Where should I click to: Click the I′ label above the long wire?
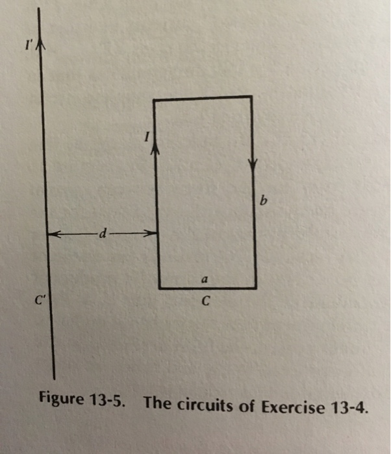coord(27,46)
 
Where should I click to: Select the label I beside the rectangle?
coord(146,136)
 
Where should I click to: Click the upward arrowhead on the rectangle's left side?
coord(155,149)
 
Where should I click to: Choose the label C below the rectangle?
coord(205,302)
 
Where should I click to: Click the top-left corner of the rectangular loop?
coord(155,100)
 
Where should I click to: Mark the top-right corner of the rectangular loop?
coord(251,97)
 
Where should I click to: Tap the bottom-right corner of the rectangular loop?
coord(255,287)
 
